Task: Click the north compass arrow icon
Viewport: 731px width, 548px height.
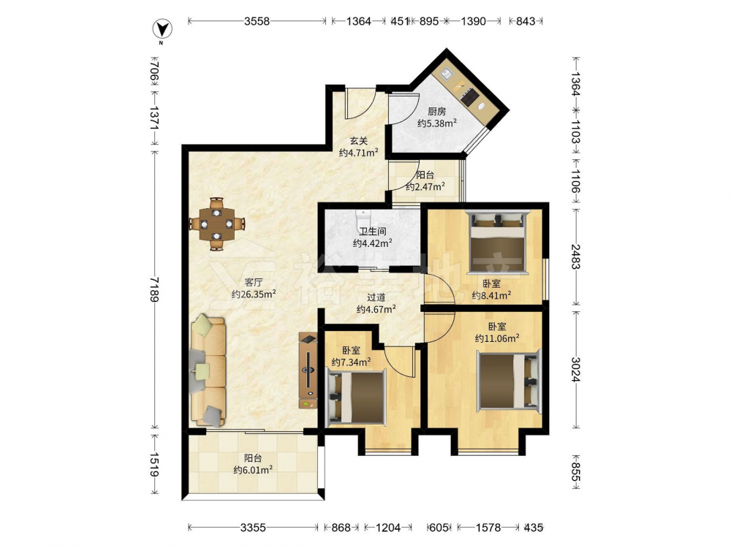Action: (163, 29)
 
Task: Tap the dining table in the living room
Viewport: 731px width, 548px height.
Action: (216, 224)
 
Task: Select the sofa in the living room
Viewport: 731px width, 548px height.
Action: (208, 370)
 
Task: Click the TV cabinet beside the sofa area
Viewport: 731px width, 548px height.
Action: (308, 370)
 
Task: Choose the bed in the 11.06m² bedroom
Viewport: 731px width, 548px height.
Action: (509, 381)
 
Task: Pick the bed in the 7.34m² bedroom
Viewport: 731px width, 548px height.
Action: (357, 397)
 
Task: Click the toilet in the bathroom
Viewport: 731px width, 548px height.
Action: (363, 218)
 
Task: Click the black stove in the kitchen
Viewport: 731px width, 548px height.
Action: (469, 96)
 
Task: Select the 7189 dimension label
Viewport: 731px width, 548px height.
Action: (155, 289)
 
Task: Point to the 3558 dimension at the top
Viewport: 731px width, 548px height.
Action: (257, 21)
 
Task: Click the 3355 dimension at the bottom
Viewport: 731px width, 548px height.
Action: (253, 528)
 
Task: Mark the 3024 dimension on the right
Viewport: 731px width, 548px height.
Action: (576, 369)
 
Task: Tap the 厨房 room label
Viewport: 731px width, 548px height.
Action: (437, 111)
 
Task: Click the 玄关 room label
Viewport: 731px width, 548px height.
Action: (359, 140)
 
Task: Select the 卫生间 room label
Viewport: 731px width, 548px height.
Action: (372, 231)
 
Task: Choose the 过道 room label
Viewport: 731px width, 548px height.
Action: (376, 297)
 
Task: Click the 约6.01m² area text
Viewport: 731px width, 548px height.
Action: (253, 470)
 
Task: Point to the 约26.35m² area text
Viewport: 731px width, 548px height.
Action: (254, 294)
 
